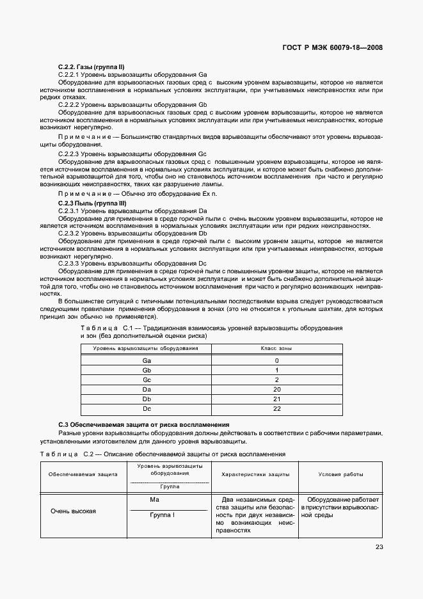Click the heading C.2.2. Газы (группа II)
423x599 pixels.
(x=91, y=67)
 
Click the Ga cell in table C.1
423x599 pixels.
(x=147, y=360)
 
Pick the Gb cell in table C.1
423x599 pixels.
(x=147, y=370)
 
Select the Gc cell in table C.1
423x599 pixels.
(x=147, y=379)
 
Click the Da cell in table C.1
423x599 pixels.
(x=147, y=389)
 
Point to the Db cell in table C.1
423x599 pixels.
(x=147, y=399)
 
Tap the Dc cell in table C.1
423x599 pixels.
(x=147, y=408)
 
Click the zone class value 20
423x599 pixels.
(x=276, y=389)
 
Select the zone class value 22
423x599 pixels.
(x=276, y=408)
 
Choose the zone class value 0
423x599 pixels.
(x=276, y=360)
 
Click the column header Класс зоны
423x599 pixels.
(x=276, y=349)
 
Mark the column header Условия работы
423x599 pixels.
(x=341, y=475)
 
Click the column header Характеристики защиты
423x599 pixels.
(x=255, y=475)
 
